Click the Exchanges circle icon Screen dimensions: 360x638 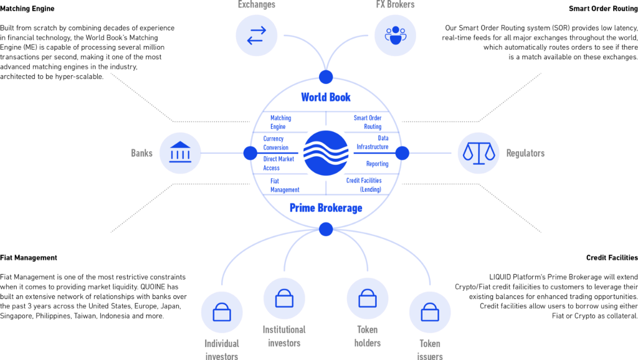(x=256, y=35)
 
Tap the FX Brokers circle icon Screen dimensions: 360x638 (x=395, y=35)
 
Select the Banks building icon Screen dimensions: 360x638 (x=180, y=153)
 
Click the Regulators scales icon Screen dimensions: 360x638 (x=478, y=153)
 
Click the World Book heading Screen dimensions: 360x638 (x=326, y=97)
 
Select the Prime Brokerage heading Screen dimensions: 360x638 (x=326, y=207)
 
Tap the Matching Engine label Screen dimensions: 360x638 (x=281, y=121)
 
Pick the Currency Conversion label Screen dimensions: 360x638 (x=276, y=143)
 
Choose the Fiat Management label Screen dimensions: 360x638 (x=285, y=185)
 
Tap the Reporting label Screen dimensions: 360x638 (x=377, y=164)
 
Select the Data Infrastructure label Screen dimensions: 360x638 (x=373, y=143)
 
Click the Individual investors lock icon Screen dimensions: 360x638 (x=222, y=312)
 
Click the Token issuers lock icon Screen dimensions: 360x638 (x=430, y=312)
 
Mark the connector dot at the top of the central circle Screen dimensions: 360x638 (x=326, y=77)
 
